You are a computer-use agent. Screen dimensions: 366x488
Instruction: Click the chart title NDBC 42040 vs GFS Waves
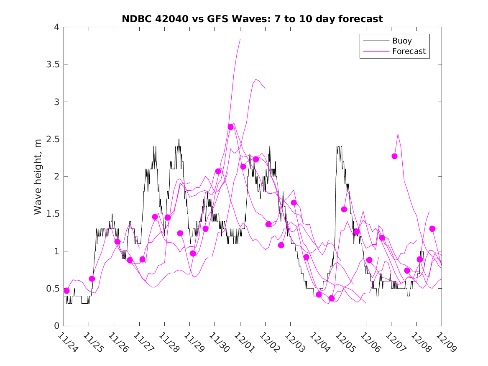point(252,19)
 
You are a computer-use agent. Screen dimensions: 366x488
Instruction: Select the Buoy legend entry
point(401,41)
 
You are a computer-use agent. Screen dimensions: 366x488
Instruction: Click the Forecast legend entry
point(409,51)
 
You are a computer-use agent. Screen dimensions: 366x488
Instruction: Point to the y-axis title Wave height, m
point(38,177)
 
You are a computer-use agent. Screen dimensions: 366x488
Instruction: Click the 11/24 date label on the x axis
point(66,342)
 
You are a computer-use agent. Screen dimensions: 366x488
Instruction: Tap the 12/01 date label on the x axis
point(243,342)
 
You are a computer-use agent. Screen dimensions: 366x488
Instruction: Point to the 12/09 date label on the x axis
point(445,342)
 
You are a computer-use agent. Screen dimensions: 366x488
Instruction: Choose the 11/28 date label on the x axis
point(167,342)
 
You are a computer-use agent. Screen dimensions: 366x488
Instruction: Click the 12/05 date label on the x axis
point(344,342)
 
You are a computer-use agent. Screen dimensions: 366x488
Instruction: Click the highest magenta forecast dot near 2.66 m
point(230,127)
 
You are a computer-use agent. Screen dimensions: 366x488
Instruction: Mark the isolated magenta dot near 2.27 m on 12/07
point(394,156)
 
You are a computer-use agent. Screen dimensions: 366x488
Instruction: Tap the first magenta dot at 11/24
point(66,291)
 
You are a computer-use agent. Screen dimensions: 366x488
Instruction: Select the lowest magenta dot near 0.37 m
point(332,298)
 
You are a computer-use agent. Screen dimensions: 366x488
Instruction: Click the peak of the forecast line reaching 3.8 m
point(240,39)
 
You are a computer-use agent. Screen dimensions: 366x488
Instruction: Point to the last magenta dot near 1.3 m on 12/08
point(432,229)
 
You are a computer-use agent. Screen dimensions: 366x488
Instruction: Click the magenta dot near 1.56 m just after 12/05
point(344,209)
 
